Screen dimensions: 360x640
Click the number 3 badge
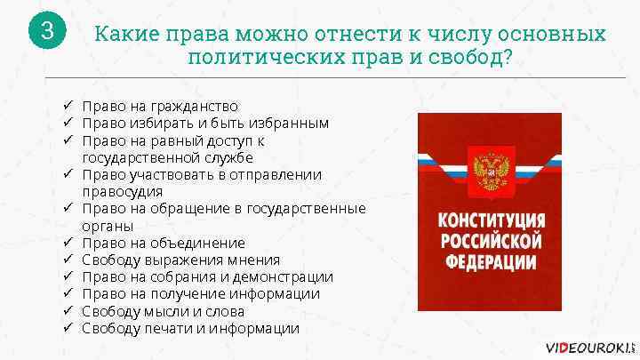(x=48, y=32)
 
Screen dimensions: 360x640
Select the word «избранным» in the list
(x=290, y=122)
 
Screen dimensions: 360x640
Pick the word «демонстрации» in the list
(x=286, y=277)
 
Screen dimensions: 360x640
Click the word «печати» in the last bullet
(x=171, y=329)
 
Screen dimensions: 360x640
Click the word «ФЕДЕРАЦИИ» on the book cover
(x=488, y=261)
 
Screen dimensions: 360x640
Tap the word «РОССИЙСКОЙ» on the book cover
(x=488, y=242)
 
